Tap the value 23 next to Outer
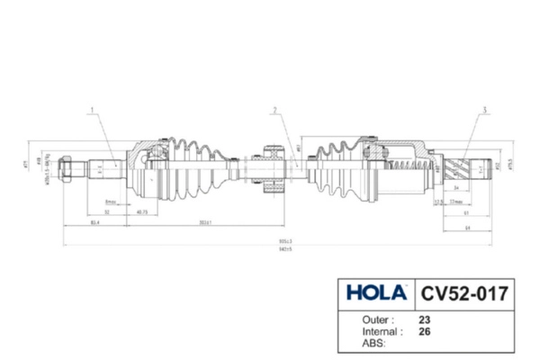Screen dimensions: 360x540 (x=425, y=319)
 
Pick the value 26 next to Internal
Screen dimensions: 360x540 (x=425, y=330)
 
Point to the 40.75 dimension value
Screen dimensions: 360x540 (x=141, y=212)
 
